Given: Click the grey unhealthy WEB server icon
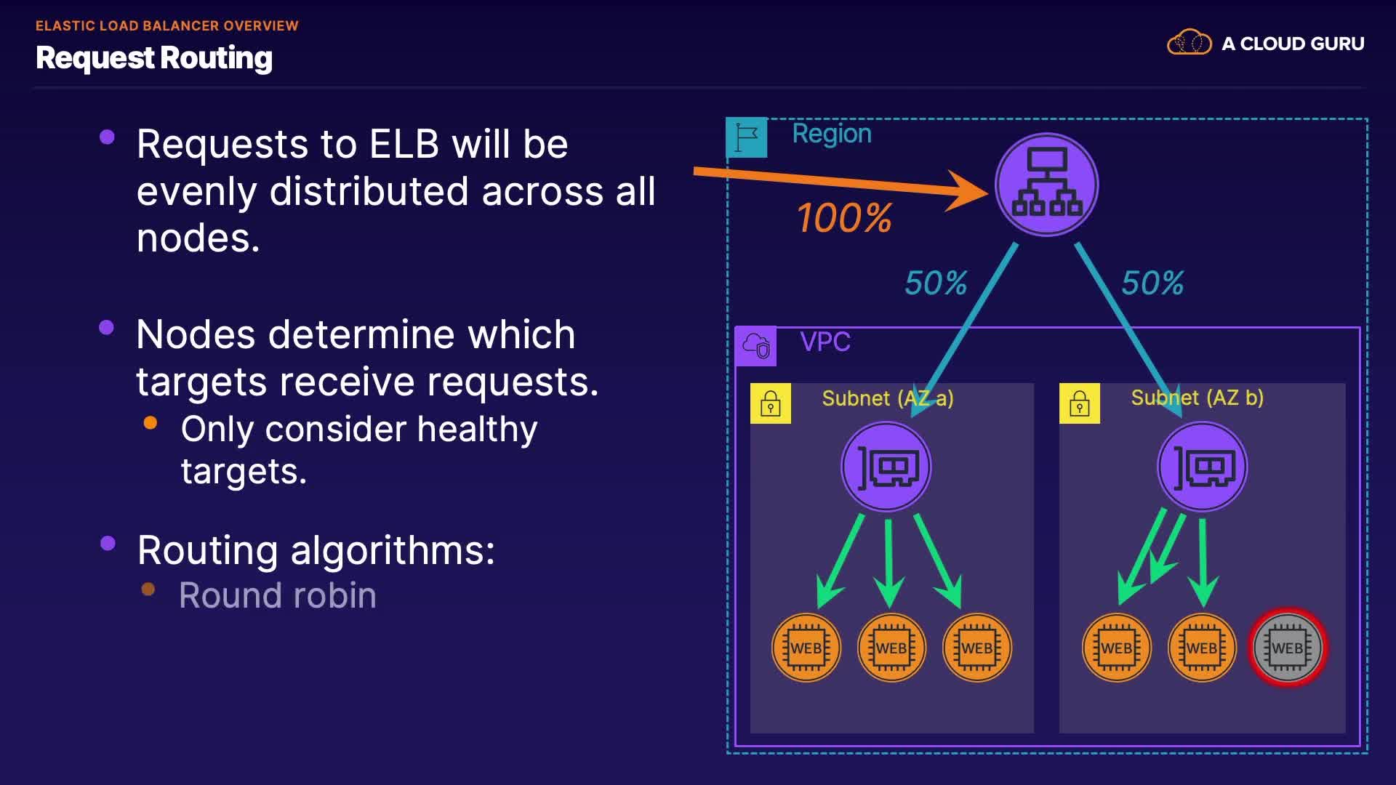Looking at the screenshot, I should pos(1287,648).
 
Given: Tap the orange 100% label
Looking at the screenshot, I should pos(844,218).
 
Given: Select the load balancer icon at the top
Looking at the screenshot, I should pos(1046,185).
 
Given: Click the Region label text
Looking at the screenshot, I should pos(831,134).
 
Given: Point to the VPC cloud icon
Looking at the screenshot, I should pos(756,346).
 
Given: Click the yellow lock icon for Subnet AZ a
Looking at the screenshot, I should pos(771,403).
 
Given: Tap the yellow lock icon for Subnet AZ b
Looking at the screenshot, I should pos(1080,403).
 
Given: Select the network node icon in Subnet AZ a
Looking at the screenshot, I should pos(886,467).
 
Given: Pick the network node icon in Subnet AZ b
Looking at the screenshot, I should pos(1202,467).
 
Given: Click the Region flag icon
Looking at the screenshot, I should pos(747,137).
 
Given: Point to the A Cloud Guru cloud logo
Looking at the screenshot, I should pos(1189,43).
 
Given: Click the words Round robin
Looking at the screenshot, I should pos(277,595).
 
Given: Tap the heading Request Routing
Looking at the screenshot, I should pos(154,58).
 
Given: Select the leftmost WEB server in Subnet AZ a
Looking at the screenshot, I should pos(806,648).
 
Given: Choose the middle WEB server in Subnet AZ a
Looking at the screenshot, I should pos(891,648).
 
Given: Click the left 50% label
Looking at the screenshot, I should pos(936,283).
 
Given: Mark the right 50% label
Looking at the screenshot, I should pos(1152,283).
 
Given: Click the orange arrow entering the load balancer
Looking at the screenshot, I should pos(836,181).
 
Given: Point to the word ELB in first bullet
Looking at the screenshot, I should pos(404,144).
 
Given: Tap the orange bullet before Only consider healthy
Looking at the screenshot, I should pos(151,423).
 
